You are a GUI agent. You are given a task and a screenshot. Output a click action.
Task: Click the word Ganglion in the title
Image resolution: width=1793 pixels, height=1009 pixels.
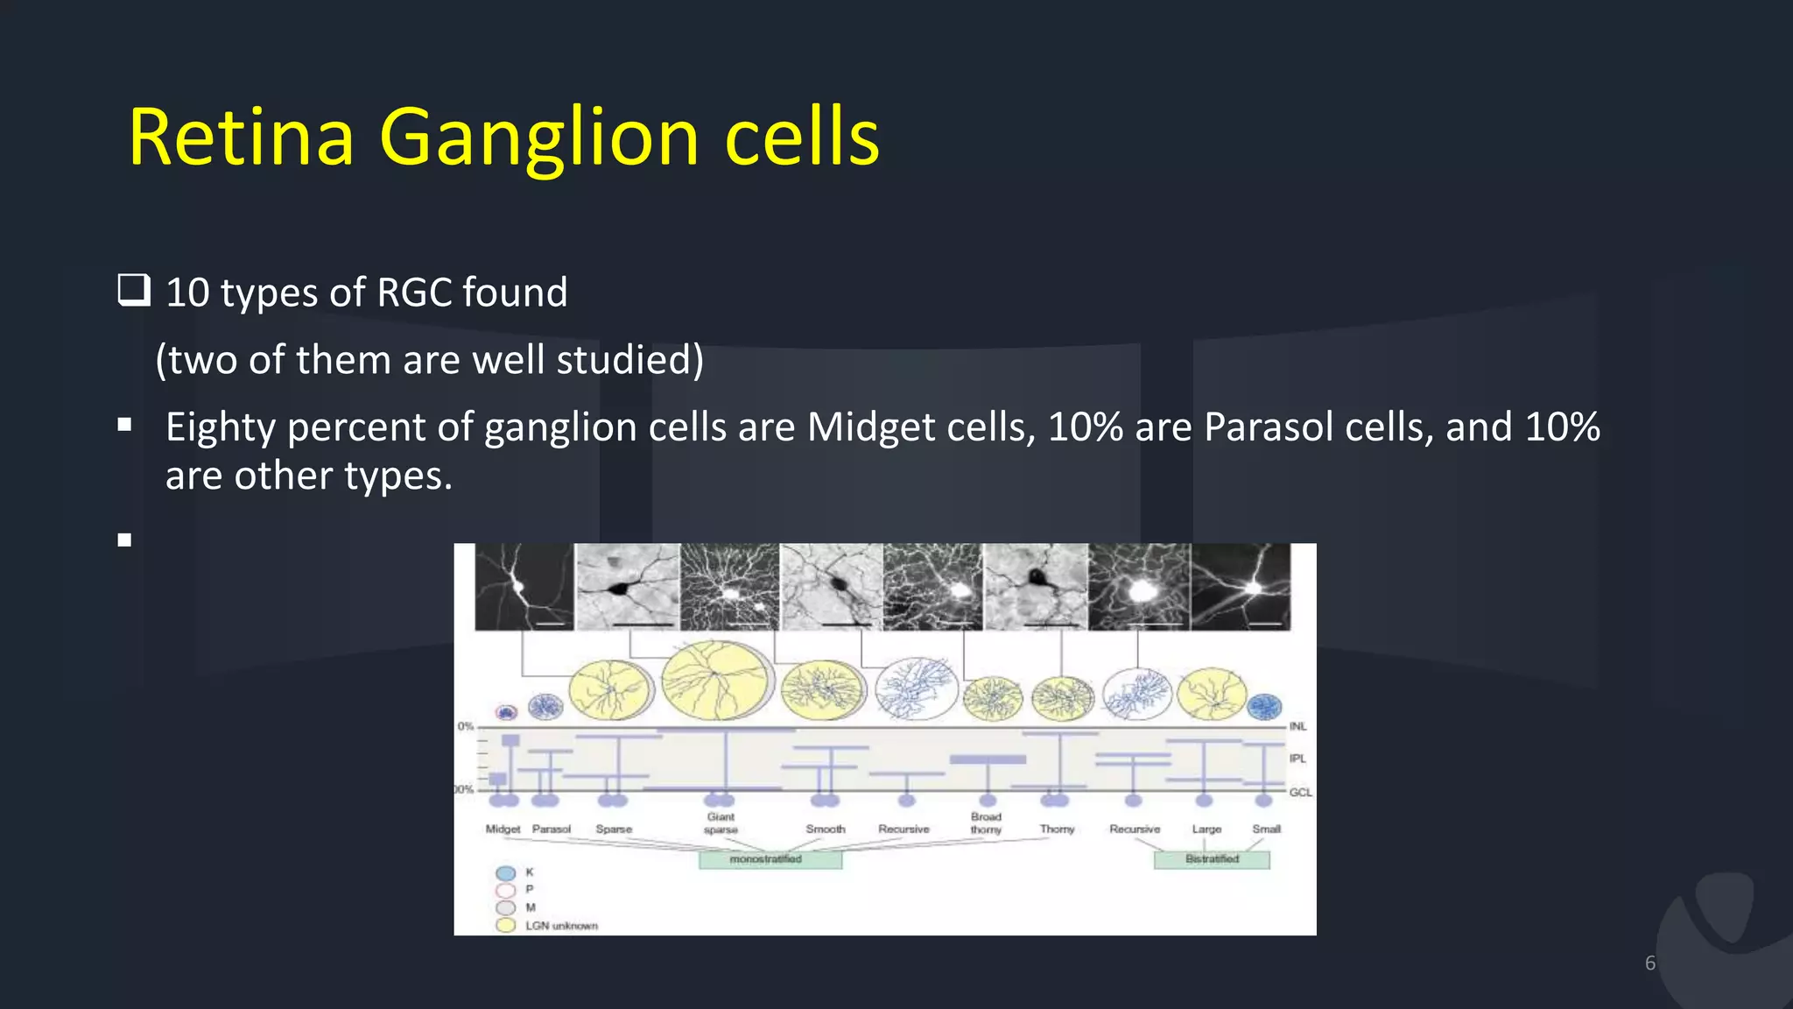tap(538, 138)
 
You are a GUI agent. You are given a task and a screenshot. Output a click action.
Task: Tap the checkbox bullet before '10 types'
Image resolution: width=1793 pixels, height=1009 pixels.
tap(134, 290)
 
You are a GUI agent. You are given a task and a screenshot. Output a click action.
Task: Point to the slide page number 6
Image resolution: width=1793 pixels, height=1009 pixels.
tap(1650, 963)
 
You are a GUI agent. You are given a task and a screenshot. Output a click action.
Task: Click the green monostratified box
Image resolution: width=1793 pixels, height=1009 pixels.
tap(770, 859)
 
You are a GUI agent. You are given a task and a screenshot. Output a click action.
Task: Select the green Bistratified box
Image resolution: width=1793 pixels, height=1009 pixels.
tap(1212, 859)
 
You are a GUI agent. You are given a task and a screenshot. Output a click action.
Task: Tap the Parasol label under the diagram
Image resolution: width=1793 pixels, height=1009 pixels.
tap(552, 829)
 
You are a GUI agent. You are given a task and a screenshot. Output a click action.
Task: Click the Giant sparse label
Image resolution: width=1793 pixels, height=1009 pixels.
tap(721, 822)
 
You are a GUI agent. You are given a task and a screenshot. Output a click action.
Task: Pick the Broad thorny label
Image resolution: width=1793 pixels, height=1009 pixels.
tap(986, 822)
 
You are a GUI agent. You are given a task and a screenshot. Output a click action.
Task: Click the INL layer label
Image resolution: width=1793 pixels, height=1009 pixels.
tap(1297, 726)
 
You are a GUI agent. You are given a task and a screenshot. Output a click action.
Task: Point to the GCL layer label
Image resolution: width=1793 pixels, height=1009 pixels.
tap(1300, 792)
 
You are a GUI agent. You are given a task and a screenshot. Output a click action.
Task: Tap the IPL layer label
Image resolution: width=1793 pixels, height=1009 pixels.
tap(1297, 759)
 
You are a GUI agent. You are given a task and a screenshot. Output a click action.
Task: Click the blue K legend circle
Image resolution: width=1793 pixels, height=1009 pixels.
tap(505, 873)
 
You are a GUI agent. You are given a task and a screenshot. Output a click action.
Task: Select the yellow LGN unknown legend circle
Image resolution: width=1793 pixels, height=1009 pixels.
tap(505, 925)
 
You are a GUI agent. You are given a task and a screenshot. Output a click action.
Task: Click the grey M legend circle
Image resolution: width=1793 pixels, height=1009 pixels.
tap(505, 907)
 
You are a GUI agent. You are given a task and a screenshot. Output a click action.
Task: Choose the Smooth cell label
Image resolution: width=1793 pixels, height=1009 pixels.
tap(826, 829)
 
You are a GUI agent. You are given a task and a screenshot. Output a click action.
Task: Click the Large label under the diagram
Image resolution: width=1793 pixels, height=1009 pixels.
tap(1206, 829)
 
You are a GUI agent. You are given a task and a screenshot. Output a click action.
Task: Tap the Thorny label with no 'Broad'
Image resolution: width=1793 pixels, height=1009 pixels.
tap(1057, 829)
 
